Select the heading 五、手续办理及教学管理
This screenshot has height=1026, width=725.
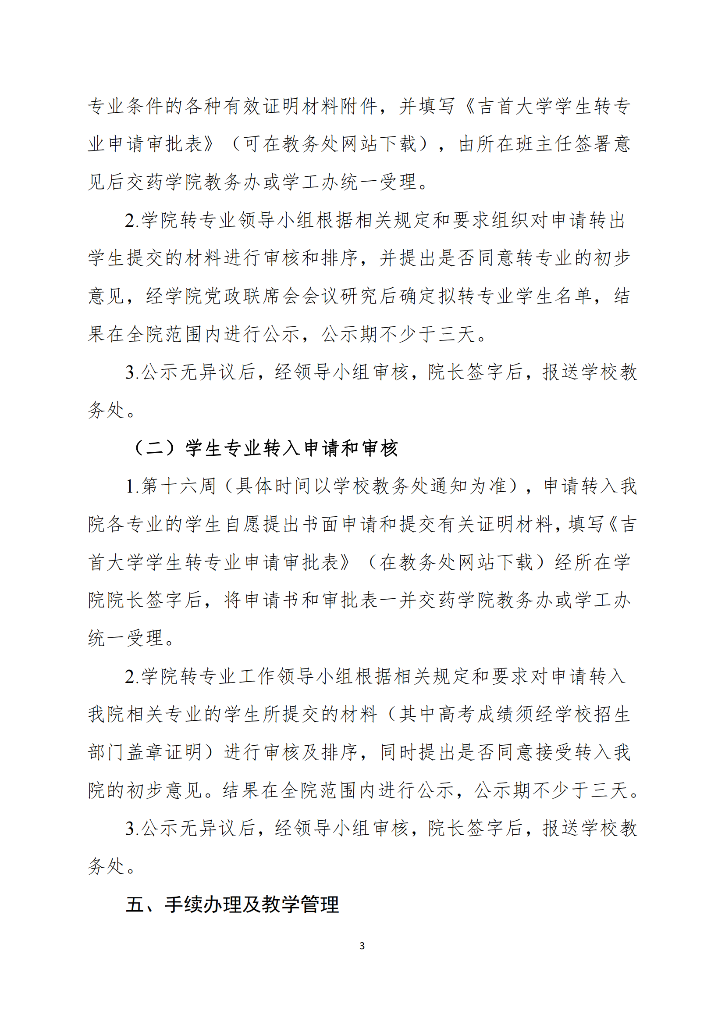click(x=232, y=905)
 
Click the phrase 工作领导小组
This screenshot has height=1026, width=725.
click(x=287, y=676)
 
